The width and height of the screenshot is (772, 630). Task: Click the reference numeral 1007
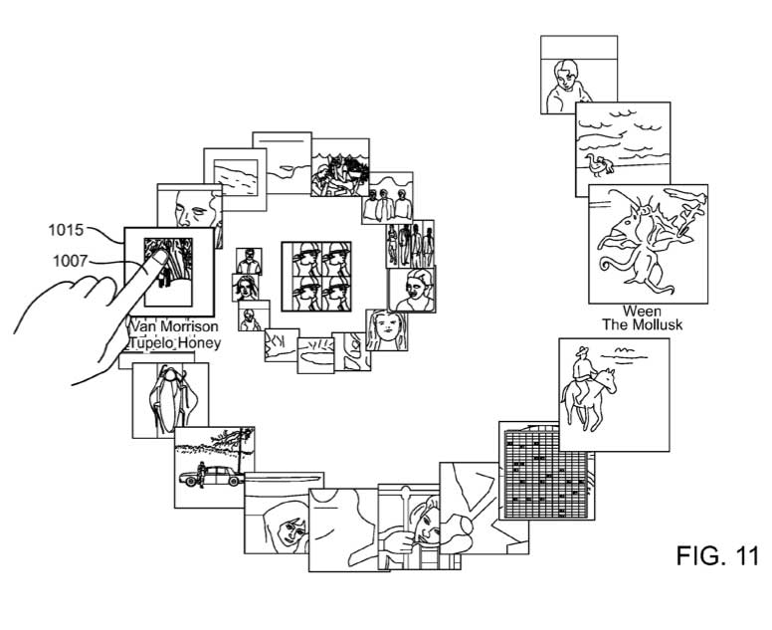tap(68, 262)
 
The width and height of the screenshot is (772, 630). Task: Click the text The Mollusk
tap(642, 325)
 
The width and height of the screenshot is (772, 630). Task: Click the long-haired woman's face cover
tap(382, 327)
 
